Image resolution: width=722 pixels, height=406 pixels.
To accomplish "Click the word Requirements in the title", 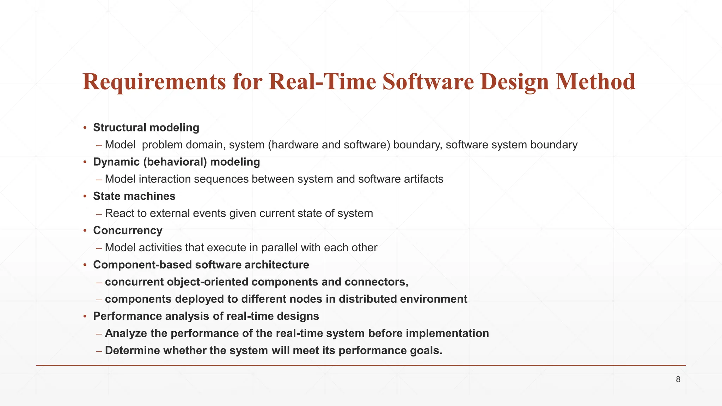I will coord(154,82).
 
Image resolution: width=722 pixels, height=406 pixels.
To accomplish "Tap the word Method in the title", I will coord(595,82).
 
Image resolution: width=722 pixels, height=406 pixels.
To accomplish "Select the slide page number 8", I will coord(678,380).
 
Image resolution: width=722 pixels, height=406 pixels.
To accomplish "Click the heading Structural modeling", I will coord(146,128).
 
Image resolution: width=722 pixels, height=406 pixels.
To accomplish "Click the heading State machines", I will coord(134,196).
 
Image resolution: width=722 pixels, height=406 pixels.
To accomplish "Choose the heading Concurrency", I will coord(128,230).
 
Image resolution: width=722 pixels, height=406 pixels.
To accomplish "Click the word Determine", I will coord(132,350).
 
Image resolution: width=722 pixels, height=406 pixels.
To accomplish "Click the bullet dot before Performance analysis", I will coord(85,316).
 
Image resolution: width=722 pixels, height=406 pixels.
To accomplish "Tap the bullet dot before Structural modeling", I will coord(85,128).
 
